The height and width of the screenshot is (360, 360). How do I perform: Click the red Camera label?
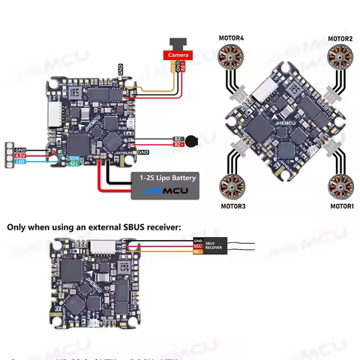click(178, 55)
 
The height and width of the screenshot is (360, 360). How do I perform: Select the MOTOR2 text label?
click(340, 38)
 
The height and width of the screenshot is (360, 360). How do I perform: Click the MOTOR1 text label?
click(342, 205)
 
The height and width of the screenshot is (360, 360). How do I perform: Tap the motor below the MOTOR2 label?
click(341, 57)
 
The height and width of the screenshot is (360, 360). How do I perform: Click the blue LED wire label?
click(21, 161)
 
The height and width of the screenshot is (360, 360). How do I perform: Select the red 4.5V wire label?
click(20, 155)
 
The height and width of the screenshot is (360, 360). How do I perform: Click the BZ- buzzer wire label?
click(178, 143)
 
